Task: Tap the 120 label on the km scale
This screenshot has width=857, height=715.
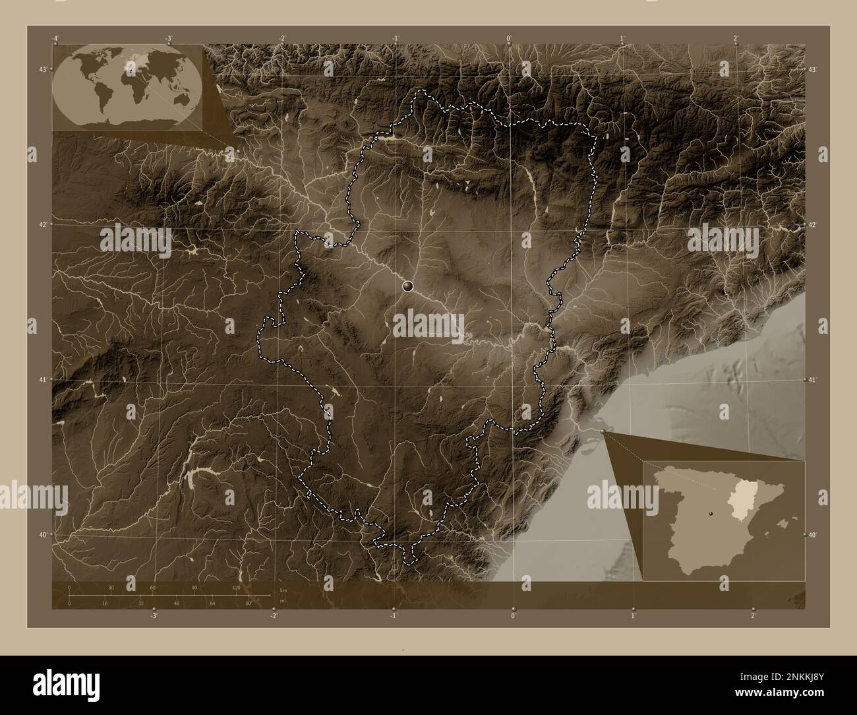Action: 235,587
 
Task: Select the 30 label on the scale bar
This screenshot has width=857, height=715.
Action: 111,587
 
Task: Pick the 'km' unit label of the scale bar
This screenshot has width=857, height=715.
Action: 283,590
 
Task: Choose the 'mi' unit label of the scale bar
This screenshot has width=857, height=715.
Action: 283,602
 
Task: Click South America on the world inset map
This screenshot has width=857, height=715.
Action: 105,98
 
